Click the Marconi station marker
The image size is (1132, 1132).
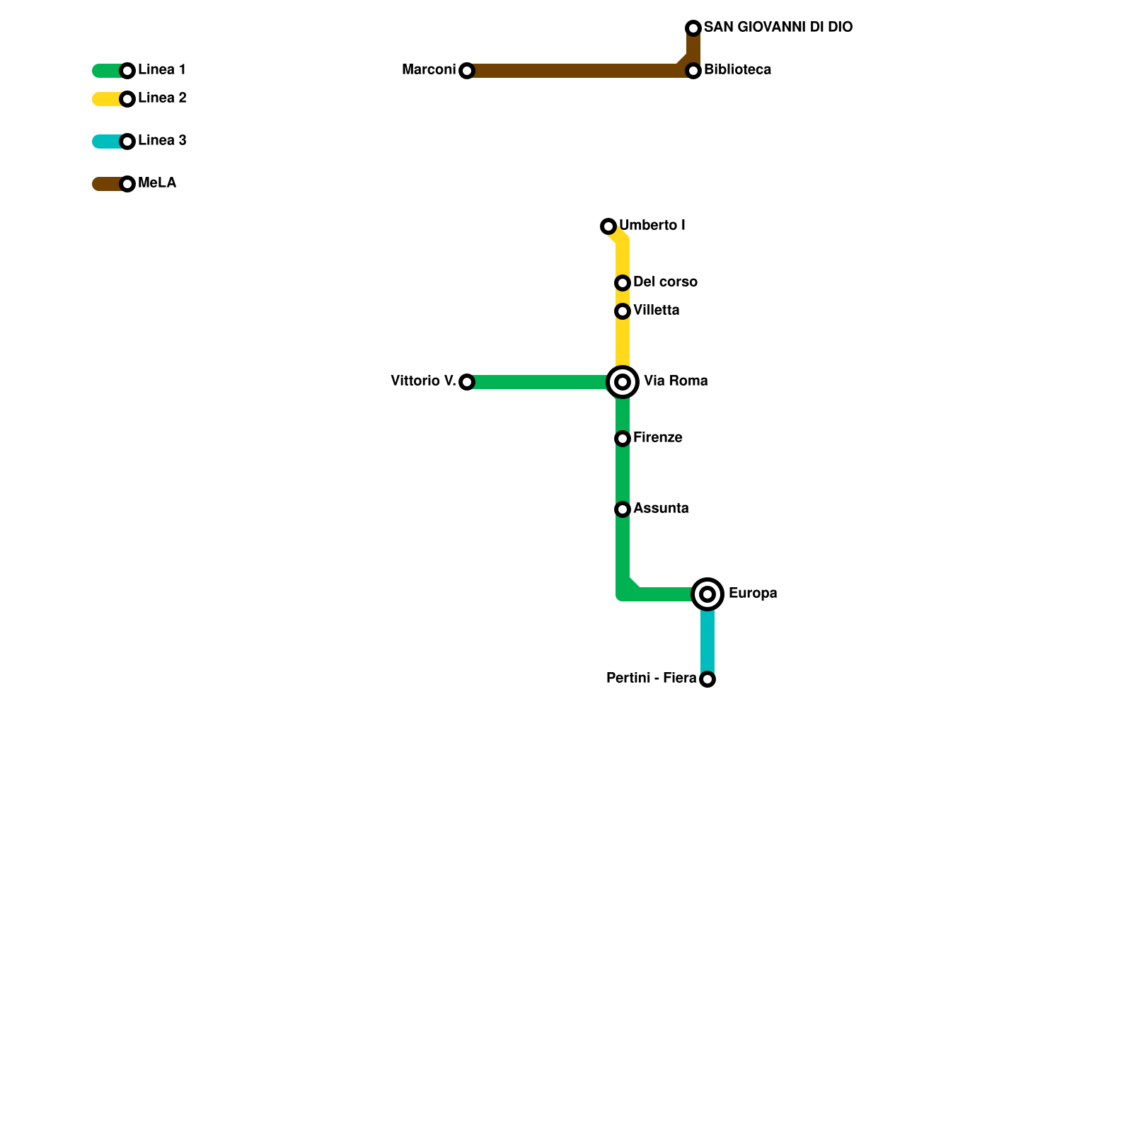pyautogui.click(x=467, y=71)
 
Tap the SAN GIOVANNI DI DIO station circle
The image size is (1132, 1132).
pyautogui.click(x=693, y=28)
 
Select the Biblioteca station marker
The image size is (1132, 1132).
pyautogui.click(x=693, y=71)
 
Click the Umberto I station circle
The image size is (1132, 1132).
pyautogui.click(x=608, y=226)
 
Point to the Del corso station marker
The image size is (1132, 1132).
pyautogui.click(x=623, y=283)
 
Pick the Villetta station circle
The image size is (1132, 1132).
pyautogui.click(x=623, y=311)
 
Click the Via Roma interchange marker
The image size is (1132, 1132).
pyautogui.click(x=623, y=382)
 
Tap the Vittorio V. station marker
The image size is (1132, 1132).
pyautogui.click(x=467, y=382)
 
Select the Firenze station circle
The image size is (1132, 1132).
pyautogui.click(x=623, y=439)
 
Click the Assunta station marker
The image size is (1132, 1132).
pyautogui.click(x=623, y=509)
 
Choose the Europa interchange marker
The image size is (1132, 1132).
pyautogui.click(x=707, y=594)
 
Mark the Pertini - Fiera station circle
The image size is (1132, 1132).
pyautogui.click(x=707, y=679)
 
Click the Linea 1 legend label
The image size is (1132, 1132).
pyautogui.click(x=162, y=70)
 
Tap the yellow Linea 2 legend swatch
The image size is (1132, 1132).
pyautogui.click(x=106, y=99)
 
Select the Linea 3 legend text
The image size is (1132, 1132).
pyautogui.click(x=162, y=141)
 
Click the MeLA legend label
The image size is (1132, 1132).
pyautogui.click(x=157, y=183)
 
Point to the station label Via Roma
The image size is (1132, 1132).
pyautogui.click(x=676, y=381)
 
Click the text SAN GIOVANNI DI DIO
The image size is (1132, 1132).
pyautogui.click(x=778, y=28)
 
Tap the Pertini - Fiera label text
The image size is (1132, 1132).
pyautogui.click(x=651, y=678)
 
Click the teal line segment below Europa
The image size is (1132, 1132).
pyautogui.click(x=707, y=640)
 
